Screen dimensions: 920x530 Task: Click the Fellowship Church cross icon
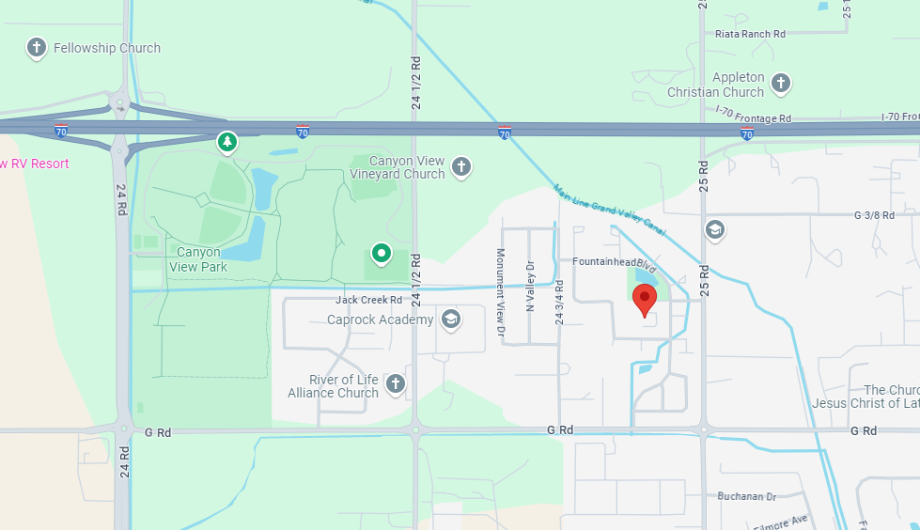click(37, 47)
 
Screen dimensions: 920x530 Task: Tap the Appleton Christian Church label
click(715, 85)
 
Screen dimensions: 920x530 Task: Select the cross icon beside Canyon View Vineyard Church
click(460, 167)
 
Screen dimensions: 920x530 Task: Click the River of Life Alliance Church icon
click(396, 383)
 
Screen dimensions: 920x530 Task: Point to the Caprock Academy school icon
click(450, 320)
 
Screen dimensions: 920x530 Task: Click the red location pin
click(645, 301)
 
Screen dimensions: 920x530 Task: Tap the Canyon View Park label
click(198, 259)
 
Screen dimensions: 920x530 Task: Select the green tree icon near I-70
click(226, 142)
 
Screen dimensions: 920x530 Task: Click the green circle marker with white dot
click(381, 253)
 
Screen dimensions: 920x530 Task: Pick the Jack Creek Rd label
click(369, 301)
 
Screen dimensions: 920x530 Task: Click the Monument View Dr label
click(501, 292)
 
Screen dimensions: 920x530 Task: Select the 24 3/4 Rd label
click(560, 302)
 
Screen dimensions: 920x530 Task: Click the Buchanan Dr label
click(747, 496)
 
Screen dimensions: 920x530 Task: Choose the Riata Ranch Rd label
click(749, 34)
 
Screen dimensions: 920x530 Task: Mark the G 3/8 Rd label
click(873, 215)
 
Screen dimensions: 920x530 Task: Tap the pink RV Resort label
click(35, 164)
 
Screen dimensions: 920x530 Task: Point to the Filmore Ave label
click(786, 522)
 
